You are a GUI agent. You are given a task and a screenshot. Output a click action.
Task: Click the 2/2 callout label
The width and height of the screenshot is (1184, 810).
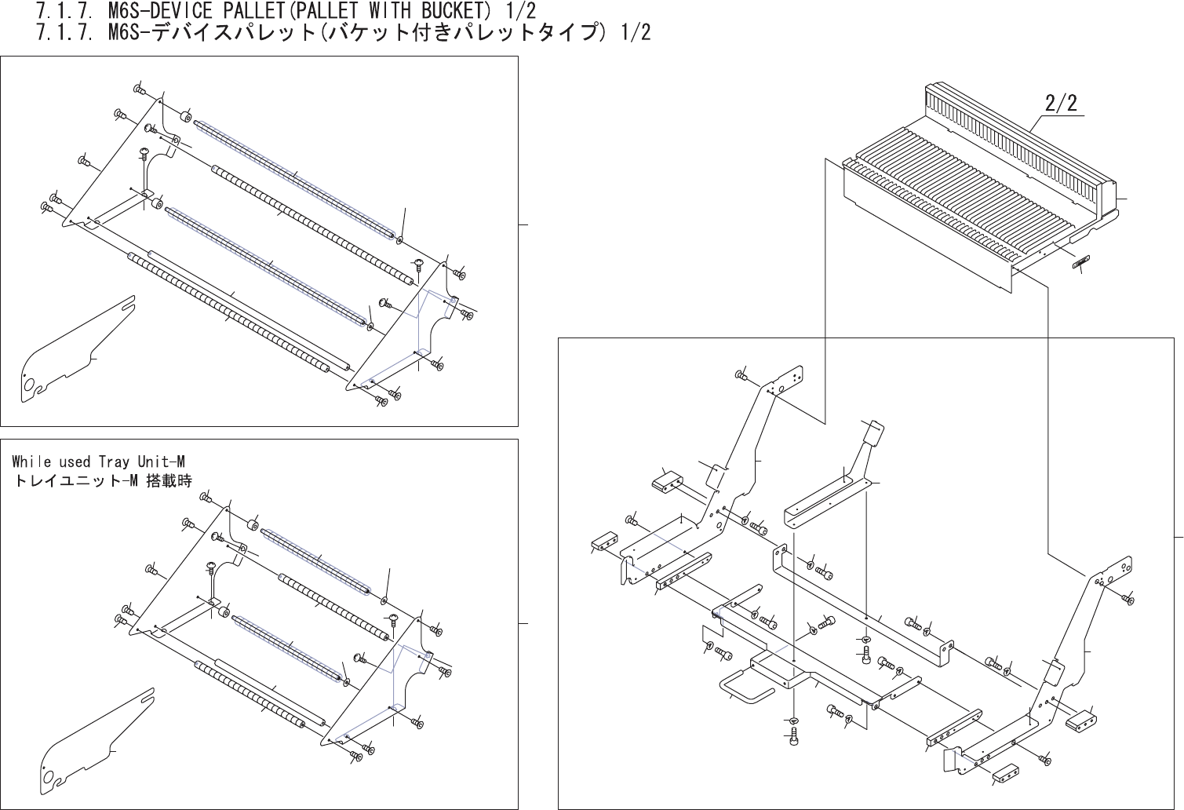[1061, 104]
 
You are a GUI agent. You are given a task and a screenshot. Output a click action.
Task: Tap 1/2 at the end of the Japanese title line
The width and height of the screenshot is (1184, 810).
[633, 34]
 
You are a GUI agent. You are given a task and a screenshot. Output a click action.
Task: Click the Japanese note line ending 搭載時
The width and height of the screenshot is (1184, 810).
[102, 480]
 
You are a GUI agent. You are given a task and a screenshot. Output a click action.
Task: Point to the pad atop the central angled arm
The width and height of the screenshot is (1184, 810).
[872, 433]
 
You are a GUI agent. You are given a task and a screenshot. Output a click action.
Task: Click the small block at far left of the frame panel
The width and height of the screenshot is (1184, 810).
[603, 542]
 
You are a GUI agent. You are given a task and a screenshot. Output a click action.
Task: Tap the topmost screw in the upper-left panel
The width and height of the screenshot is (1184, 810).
[140, 91]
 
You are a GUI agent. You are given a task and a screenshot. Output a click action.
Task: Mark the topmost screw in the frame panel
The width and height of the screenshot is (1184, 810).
[740, 375]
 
